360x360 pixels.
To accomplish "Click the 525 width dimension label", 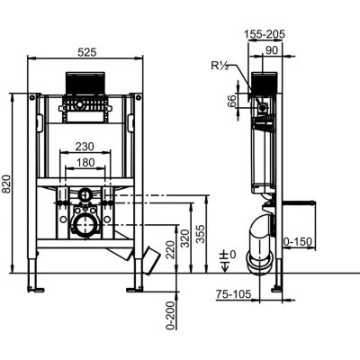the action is (x=87, y=52).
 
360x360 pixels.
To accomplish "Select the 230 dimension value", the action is (x=85, y=147).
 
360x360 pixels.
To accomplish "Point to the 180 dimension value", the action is (x=85, y=162).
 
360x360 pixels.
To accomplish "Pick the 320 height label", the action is (x=185, y=238).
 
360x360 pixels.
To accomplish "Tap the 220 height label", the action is (x=170, y=250).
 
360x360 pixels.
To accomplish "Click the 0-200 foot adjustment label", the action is (x=170, y=315).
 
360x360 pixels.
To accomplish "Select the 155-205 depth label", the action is (x=264, y=34).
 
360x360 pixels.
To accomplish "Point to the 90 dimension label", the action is (x=272, y=50).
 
